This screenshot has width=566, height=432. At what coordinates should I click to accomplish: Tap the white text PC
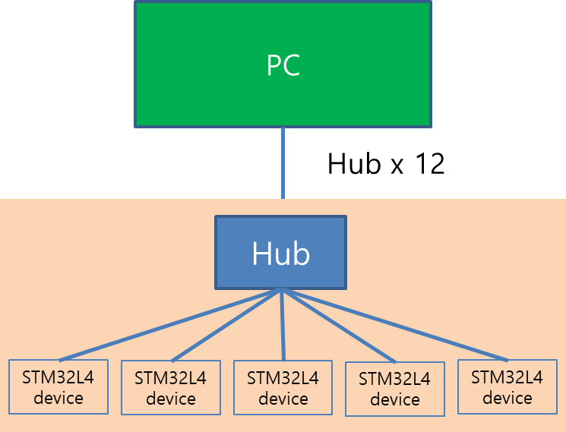pos(283,65)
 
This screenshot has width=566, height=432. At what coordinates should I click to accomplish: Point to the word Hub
pos(280,254)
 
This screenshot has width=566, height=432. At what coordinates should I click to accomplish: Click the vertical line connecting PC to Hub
pos(283,163)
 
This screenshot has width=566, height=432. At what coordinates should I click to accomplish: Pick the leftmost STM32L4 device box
pos(58,387)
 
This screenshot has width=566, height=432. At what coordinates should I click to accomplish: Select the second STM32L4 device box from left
pos(171,388)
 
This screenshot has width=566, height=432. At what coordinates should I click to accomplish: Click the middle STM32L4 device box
pos(283,388)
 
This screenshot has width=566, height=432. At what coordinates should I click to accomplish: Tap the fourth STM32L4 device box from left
pos(394,389)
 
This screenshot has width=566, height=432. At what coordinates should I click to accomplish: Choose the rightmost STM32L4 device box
pos(507,387)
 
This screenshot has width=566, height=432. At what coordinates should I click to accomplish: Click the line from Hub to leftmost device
pos(170,325)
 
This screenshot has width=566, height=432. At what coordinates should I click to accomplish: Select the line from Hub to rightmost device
pos(395,325)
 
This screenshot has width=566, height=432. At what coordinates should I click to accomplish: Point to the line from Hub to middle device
pos(283,325)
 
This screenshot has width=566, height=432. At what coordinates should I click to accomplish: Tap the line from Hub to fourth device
pos(339,325)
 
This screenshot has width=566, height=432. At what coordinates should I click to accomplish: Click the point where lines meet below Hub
pos(282,289)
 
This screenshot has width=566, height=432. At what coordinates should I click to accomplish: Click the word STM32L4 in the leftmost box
pos(58,377)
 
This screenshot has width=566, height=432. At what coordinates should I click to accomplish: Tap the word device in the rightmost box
pos(507,398)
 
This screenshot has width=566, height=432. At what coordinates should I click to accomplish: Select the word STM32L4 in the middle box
pos(283,378)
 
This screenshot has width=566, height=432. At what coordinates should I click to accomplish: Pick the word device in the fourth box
pos(394,399)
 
